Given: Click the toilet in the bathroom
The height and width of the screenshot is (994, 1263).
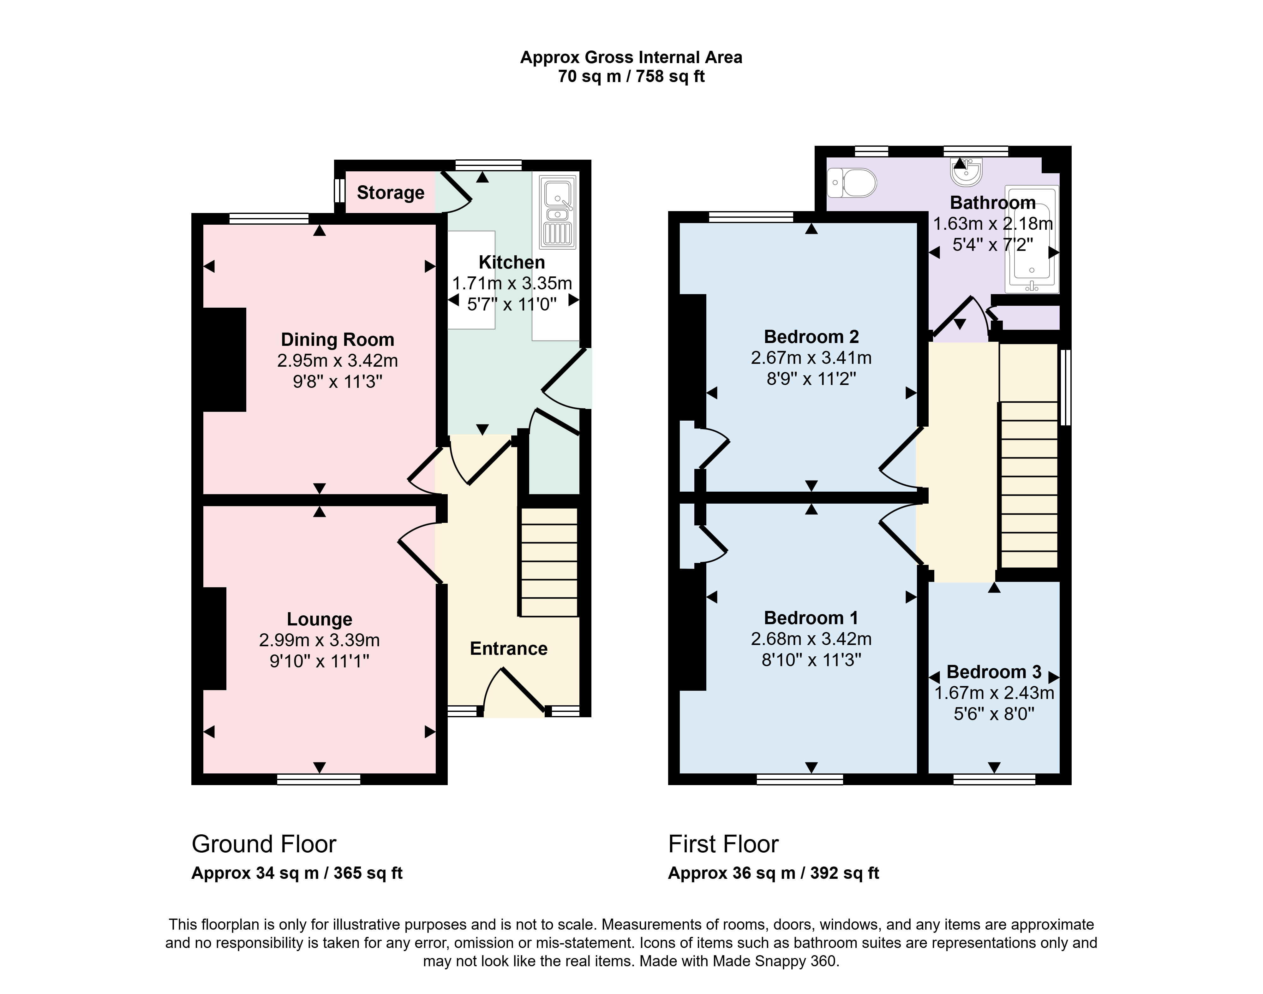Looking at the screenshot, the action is [x=851, y=183].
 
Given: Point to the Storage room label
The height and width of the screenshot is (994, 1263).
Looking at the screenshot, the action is [x=391, y=192].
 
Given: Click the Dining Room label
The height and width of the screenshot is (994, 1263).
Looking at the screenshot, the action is [x=338, y=339].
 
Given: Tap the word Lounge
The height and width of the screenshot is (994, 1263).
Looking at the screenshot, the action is [x=320, y=619].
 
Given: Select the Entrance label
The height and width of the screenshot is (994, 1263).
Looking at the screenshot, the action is [x=509, y=648].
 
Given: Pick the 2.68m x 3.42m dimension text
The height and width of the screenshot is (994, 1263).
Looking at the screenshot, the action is [x=811, y=639].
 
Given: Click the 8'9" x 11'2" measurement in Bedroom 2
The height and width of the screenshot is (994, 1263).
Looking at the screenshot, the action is [x=811, y=379].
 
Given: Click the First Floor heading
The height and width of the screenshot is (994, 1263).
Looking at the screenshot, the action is [x=723, y=844].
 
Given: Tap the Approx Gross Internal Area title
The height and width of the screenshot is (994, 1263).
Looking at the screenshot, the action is [x=631, y=57].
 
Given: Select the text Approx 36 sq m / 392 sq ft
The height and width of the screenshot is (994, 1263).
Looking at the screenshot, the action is [x=773, y=873].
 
